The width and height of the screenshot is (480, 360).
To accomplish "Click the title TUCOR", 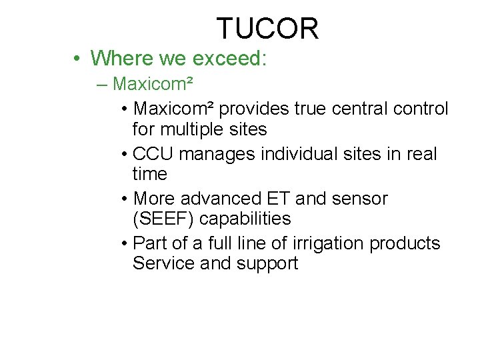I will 267,29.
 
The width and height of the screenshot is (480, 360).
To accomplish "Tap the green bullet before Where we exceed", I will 78,59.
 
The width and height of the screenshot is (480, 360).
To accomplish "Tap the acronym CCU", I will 153,153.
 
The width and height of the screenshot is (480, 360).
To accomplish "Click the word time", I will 149,174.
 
